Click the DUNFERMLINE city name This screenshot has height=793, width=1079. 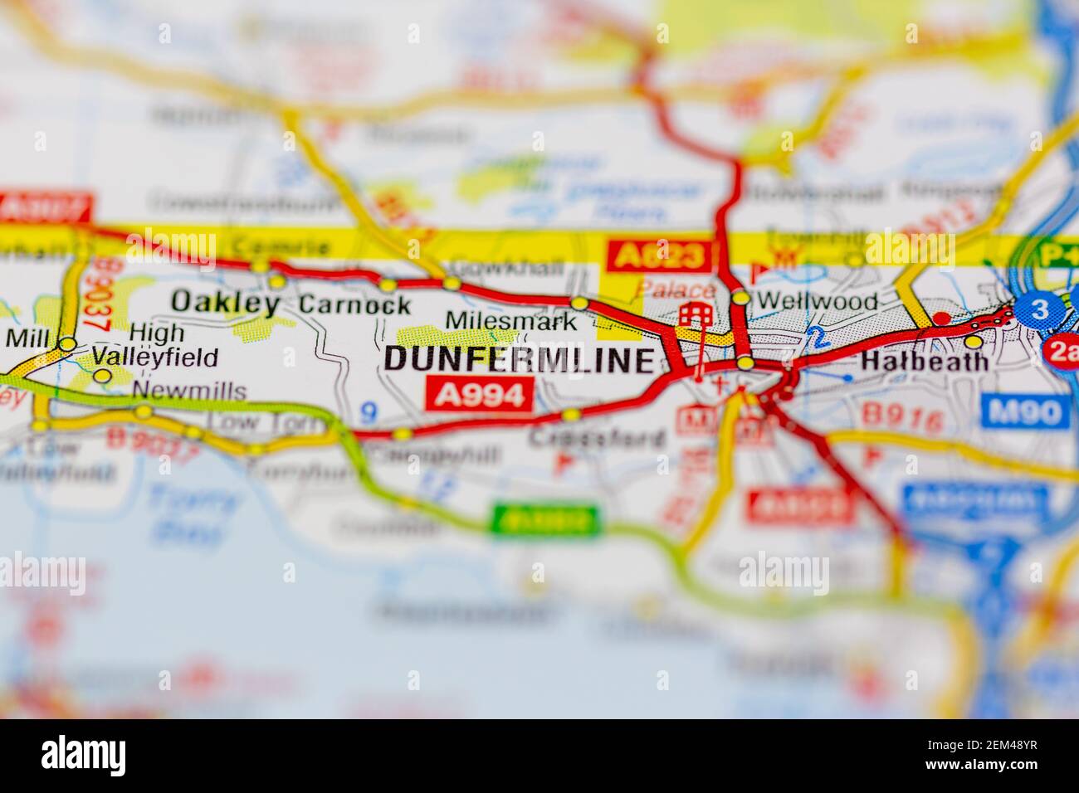point(520,359)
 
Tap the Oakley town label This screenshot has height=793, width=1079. point(225,303)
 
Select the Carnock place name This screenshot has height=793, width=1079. point(354,304)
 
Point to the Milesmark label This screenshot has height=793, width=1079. point(510,320)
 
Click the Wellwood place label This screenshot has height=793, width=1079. point(817,301)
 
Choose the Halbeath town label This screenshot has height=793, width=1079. point(925,362)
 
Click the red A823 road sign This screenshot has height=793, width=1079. point(660,256)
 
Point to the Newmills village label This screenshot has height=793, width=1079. point(189,391)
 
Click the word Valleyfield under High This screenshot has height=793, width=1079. point(155,358)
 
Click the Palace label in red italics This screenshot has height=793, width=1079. point(676,290)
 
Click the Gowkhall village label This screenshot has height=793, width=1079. point(505,268)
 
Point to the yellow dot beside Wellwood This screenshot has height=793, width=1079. point(740,298)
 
